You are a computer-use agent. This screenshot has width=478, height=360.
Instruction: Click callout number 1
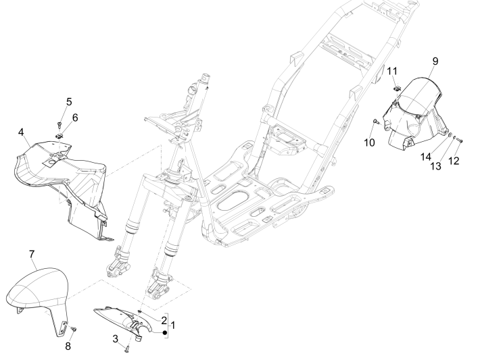coord(172,326)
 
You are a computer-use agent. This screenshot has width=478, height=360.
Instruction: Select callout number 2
coord(163,318)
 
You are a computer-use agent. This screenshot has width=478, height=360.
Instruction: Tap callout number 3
coord(116,338)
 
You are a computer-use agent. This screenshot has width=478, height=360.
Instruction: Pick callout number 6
coord(74,118)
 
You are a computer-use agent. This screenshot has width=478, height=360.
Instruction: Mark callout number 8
coord(67,347)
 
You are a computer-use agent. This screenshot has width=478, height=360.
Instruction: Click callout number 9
coord(435,61)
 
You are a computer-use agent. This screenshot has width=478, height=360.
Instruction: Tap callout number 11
coord(392,71)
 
